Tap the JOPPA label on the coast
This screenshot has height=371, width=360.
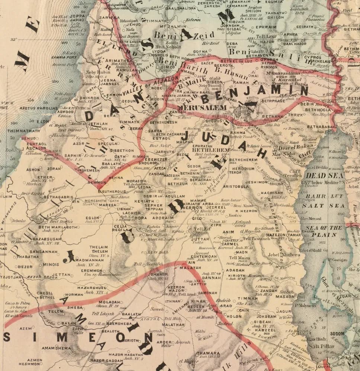click(77, 17)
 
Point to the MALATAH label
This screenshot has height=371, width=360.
click(187, 268)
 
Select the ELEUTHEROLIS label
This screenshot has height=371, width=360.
click(114, 191)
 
